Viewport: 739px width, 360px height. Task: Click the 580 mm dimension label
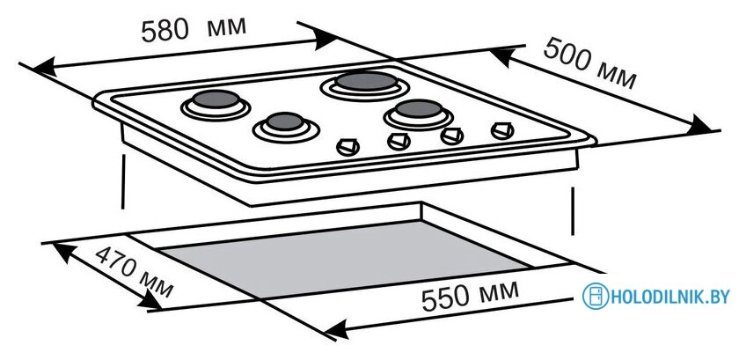pyautogui.click(x=194, y=28)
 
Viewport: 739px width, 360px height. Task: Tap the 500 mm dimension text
pyautogui.click(x=590, y=62)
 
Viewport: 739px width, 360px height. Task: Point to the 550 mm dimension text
pyautogui.click(x=470, y=296)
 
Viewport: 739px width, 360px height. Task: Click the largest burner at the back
pyautogui.click(x=366, y=84)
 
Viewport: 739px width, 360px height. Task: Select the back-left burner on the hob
pyautogui.click(x=216, y=105)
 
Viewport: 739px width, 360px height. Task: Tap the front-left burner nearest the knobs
pyautogui.click(x=286, y=127)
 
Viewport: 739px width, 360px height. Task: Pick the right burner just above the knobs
pyautogui.click(x=419, y=114)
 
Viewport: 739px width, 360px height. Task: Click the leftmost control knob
pyautogui.click(x=348, y=147)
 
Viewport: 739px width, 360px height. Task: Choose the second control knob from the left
pyautogui.click(x=399, y=141)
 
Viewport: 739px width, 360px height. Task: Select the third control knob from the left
pyautogui.click(x=452, y=136)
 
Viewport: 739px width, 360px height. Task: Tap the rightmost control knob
pyautogui.click(x=502, y=130)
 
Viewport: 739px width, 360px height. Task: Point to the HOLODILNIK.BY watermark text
pyautogui.click(x=669, y=297)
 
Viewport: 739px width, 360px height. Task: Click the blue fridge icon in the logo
pyautogui.click(x=596, y=297)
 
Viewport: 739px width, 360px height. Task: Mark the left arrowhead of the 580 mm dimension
pyautogui.click(x=45, y=68)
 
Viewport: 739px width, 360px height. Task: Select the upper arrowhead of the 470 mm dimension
pyautogui.click(x=64, y=252)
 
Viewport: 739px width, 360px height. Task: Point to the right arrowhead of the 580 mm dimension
pyautogui.click(x=326, y=38)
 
